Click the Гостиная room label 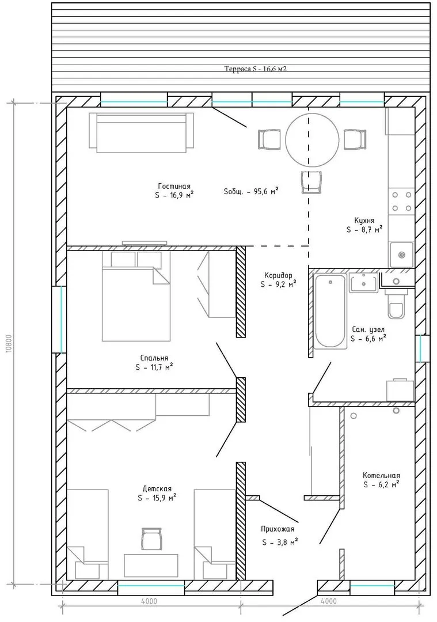(174, 186)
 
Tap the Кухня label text (364, 221)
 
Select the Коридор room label (279, 275)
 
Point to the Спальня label (154, 358)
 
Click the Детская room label (157, 489)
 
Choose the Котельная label (381, 475)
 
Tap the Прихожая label (278, 529)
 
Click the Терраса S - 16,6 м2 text (256, 69)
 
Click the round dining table (312, 139)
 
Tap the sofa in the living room (142, 132)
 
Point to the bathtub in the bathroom (330, 312)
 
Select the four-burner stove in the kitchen (401, 202)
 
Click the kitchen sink (401, 255)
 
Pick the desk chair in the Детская (151, 538)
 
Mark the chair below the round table (311, 182)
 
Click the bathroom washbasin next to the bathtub (364, 283)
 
